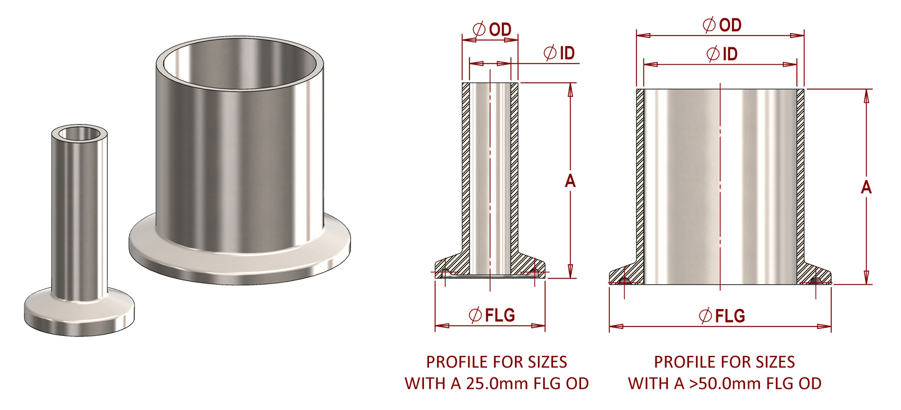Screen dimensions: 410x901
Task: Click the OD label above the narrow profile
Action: pos(501,29)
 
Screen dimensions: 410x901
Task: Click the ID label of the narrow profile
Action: pos(566,54)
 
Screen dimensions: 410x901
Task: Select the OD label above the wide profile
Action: pos(730,24)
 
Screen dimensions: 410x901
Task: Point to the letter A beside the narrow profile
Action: pos(569,181)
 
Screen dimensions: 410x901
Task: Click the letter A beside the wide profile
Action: pos(865,188)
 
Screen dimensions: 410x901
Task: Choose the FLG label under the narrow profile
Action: pos(500,315)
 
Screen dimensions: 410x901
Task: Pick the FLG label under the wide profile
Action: pos(730,316)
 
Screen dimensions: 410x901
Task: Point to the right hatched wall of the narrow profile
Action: pos(514,168)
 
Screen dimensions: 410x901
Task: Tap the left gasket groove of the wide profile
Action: pos(624,282)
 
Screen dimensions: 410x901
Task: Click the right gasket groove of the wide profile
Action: pos(817,282)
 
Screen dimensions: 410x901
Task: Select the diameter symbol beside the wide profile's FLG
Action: pos(707,316)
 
